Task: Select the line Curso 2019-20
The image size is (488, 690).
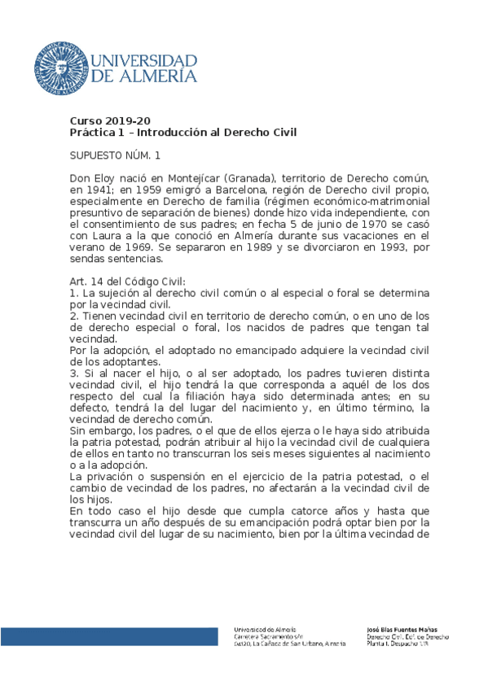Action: pos(110,120)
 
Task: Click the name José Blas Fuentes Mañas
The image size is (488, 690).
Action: pos(403,629)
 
